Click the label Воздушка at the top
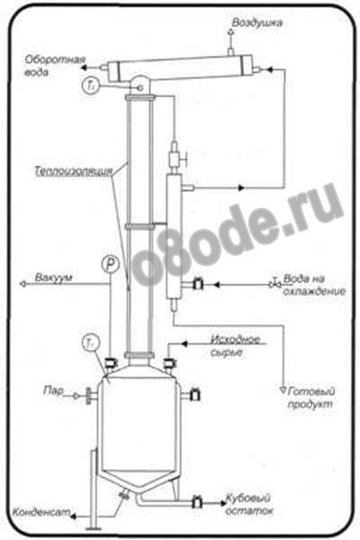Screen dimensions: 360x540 tap(257, 22)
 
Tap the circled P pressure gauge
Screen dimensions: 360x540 tap(110, 264)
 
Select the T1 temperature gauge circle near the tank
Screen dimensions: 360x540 tap(91, 342)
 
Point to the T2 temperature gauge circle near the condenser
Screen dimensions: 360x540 tap(91, 85)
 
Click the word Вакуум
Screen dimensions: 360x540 tap(53, 277)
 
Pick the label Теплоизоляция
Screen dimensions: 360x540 tap(74, 171)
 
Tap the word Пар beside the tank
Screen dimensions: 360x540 tap(54, 391)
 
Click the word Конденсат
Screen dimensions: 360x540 tap(41, 512)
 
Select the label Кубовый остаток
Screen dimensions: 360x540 tap(248, 505)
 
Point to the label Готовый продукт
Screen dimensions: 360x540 tap(310, 398)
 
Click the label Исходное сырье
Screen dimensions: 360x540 tap(235, 346)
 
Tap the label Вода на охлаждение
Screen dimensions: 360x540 tap(314, 284)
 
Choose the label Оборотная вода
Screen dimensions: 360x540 tap(55, 66)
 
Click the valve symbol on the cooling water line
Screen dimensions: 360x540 tap(275, 283)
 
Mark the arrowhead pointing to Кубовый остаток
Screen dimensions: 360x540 tap(222, 503)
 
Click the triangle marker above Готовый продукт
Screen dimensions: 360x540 tap(283, 391)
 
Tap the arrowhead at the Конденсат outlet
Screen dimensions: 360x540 tap(74, 517)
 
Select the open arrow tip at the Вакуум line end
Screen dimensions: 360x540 tap(22, 284)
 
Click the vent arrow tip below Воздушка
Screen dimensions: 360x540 tap(230, 32)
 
